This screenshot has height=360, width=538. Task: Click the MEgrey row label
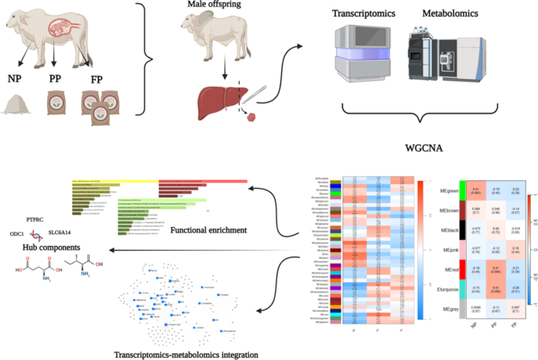click(450, 310)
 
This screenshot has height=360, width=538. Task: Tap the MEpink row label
click(450, 250)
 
